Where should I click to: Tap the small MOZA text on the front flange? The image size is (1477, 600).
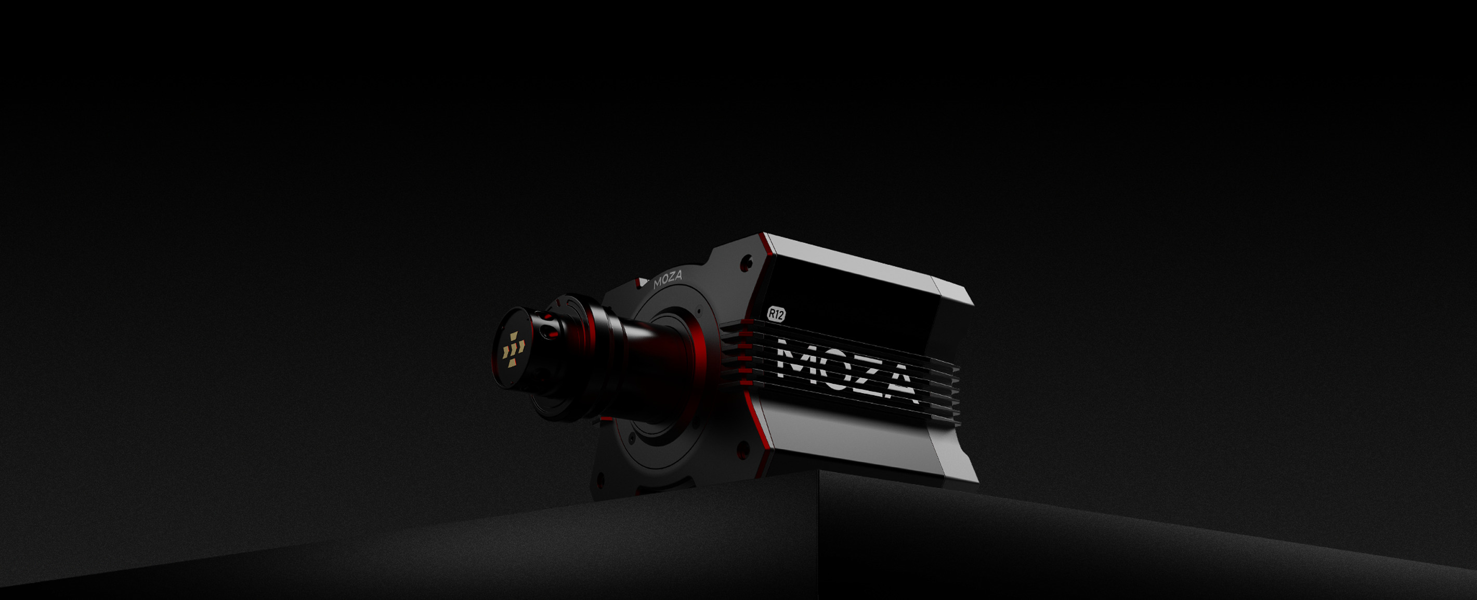[x=668, y=279]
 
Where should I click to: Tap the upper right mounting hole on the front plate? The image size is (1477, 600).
[x=746, y=263]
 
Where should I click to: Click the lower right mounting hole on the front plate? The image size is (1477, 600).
[x=743, y=449]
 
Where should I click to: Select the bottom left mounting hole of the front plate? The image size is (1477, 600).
[x=600, y=478]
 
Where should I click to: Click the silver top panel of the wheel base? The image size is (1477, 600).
[x=860, y=263]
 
